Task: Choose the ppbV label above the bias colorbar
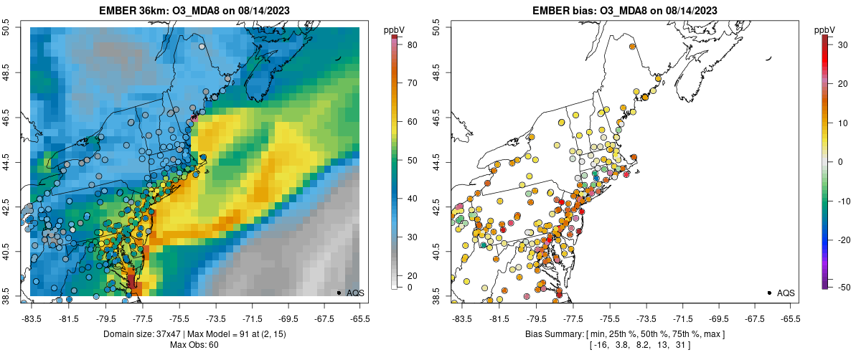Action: coord(825,29)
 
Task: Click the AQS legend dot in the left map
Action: coord(339,293)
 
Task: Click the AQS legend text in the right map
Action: coord(786,293)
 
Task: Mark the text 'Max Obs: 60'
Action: coord(195,345)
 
